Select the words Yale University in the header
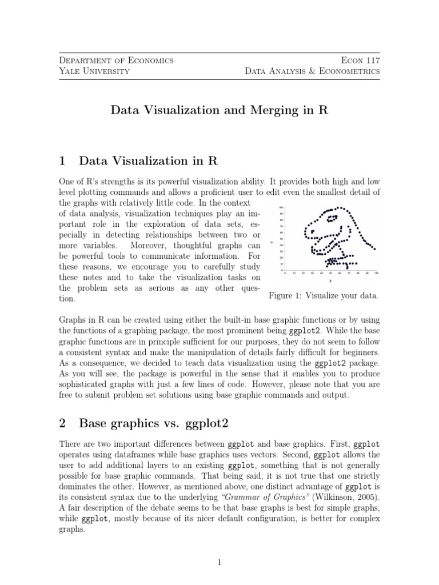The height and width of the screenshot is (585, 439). coord(94,71)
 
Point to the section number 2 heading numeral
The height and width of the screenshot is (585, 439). coord(63,423)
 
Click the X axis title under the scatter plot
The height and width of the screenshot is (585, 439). coord(330,281)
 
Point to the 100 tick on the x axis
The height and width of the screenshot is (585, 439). coord(376,274)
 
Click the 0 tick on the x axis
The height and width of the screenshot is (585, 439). coord(285,274)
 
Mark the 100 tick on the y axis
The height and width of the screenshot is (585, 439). coord(280,207)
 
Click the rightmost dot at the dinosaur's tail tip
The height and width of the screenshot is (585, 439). coord(374,249)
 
